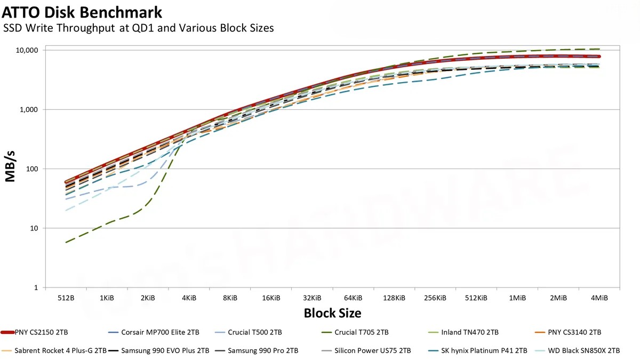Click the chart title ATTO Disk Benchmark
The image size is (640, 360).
(82, 11)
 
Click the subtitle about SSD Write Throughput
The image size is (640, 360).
(139, 28)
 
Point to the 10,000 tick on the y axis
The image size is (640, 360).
(28, 50)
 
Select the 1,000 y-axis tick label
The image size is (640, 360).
(30, 109)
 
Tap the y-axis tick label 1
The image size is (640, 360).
(36, 288)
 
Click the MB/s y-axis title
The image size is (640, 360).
(11, 169)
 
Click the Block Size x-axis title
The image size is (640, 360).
(332, 313)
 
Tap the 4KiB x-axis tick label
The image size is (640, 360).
(189, 298)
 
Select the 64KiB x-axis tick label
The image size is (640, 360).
(353, 298)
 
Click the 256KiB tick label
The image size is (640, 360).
(435, 298)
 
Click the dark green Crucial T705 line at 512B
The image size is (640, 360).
(66, 243)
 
